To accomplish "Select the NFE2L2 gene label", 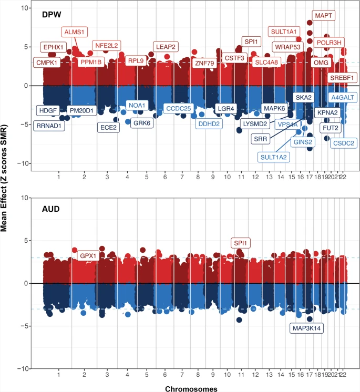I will point(107,45).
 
